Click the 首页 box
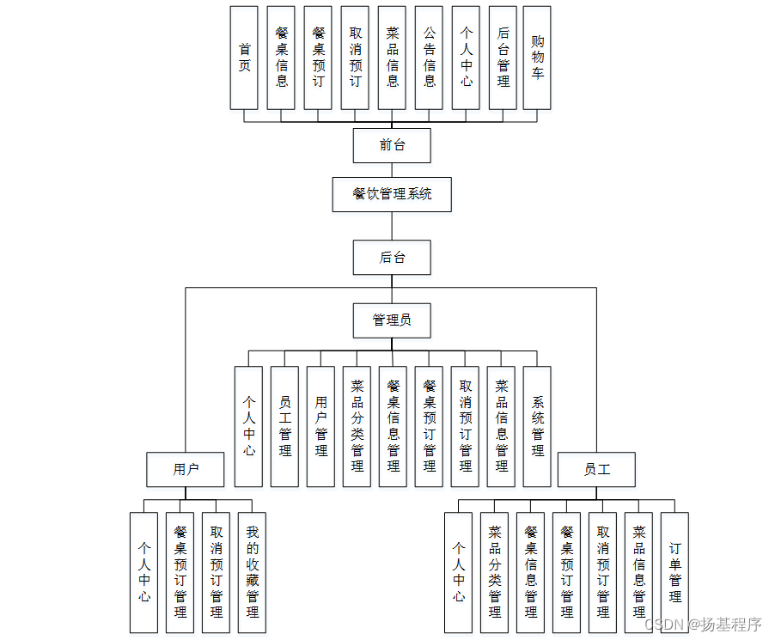click(244, 58)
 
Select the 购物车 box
click(537, 58)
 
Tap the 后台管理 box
click(503, 58)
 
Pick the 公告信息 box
click(430, 58)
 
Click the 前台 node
click(392, 145)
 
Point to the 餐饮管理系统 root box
click(392, 194)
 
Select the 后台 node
click(392, 257)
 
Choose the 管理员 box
click(392, 320)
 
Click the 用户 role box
click(186, 469)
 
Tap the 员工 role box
click(597, 469)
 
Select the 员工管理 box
click(285, 426)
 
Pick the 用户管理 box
click(321, 426)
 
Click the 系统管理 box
click(538, 426)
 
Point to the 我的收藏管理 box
click(253, 572)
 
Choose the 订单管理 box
click(675, 572)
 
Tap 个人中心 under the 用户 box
click(144, 572)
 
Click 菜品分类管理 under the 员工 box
click(495, 572)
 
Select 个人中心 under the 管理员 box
click(249, 426)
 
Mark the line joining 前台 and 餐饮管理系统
click(392, 170)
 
